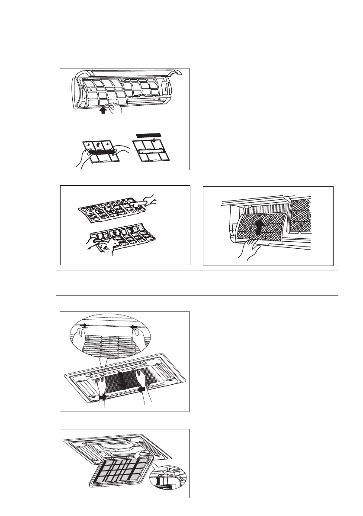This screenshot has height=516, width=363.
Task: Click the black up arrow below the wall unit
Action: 102,110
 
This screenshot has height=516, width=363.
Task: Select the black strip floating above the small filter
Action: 147,136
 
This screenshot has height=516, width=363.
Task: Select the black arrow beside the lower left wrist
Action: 103,395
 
